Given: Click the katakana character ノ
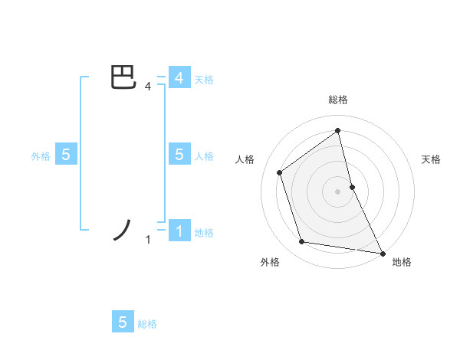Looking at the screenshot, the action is coord(124,230).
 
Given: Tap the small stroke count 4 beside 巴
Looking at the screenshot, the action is coord(147,87).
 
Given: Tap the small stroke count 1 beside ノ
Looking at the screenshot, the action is coord(148,241).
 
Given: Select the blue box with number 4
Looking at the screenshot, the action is coord(179,78).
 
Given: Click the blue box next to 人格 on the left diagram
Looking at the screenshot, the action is coord(179,155).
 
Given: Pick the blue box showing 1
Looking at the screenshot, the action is coord(179,231).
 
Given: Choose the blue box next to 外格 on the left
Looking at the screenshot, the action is coord(66,155).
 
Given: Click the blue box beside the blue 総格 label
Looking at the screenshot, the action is coord(123,322).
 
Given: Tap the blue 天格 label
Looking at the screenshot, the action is coord(204,80).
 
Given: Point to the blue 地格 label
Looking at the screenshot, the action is coord(204,233).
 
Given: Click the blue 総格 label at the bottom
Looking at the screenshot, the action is coord(147,324).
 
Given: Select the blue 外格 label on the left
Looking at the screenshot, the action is coord(41,156).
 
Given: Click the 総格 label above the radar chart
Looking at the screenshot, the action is coord(338,100).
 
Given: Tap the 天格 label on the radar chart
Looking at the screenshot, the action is coord(432,159).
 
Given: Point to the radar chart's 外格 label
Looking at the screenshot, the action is coord(270,263).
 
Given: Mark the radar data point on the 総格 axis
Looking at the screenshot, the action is coord(338,130).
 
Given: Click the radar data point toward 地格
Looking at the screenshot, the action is coord(382,253).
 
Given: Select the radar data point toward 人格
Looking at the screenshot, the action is coord(280,172).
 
